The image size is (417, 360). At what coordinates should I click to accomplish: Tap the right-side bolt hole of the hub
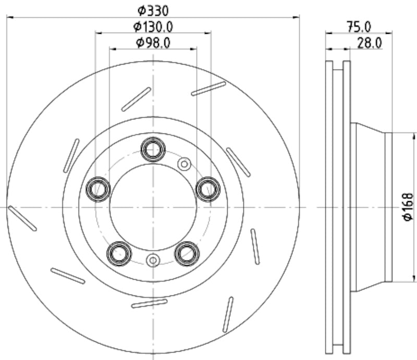click(208, 189)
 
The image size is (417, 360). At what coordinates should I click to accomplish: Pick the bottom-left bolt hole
click(119, 253)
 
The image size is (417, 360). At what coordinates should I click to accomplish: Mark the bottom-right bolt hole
click(187, 253)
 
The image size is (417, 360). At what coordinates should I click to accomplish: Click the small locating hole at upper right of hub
click(184, 164)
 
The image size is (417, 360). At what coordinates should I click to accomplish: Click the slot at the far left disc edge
click(22, 218)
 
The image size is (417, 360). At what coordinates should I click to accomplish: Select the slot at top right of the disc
click(208, 88)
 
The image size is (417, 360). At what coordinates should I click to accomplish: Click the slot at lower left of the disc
click(68, 276)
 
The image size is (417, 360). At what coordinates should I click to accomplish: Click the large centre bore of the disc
click(153, 207)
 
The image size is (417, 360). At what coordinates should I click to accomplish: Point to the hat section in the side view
click(370, 207)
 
